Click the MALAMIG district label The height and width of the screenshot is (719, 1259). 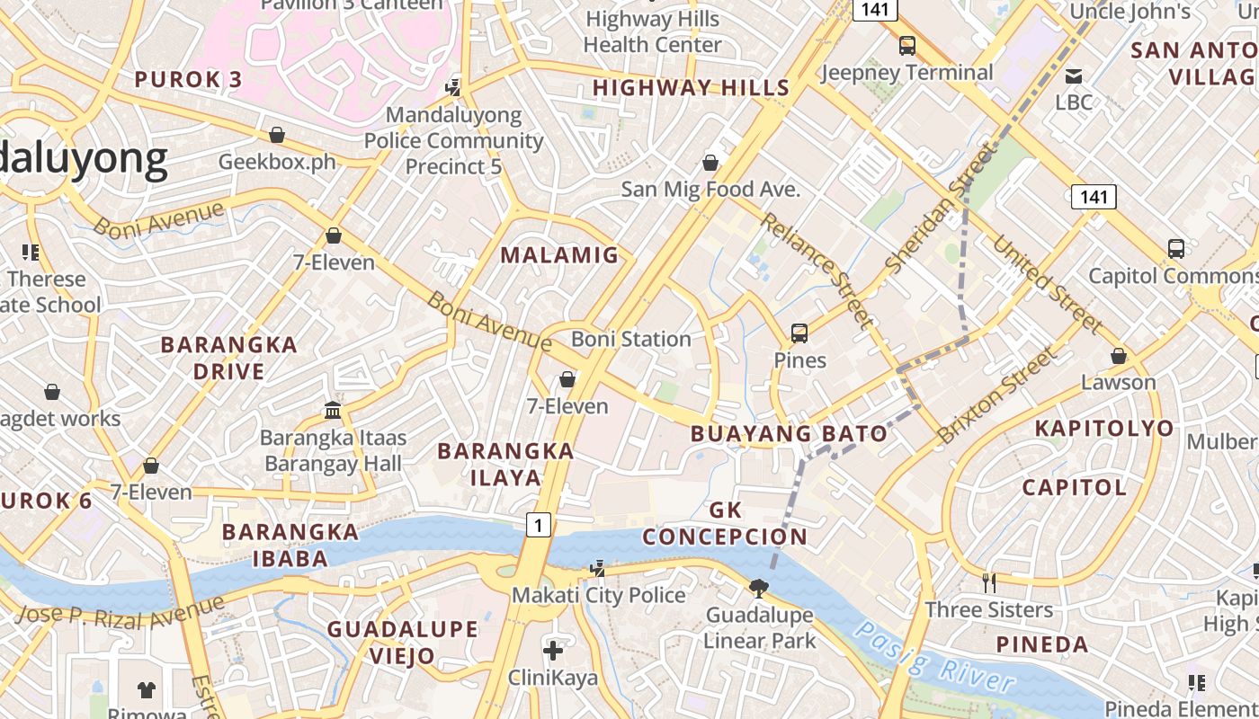[559, 255]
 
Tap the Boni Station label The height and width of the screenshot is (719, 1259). [631, 339]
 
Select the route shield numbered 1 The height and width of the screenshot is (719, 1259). [538, 524]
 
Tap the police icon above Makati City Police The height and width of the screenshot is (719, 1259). [598, 568]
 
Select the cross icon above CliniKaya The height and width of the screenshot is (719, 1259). [553, 650]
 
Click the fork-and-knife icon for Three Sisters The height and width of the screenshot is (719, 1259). [988, 582]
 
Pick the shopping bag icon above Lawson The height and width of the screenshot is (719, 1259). [1118, 356]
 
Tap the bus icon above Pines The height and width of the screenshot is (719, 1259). [799, 333]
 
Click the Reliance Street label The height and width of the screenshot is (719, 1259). [817, 269]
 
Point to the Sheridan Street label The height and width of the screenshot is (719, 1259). [942, 210]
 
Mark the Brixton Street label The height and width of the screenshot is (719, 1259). [998, 395]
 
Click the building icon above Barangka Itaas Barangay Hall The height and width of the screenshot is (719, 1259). [333, 411]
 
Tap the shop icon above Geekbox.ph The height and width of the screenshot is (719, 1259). [277, 135]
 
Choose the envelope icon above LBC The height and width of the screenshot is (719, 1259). [1073, 75]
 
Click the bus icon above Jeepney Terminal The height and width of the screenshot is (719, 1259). [907, 45]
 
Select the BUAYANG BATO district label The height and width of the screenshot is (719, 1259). [789, 434]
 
